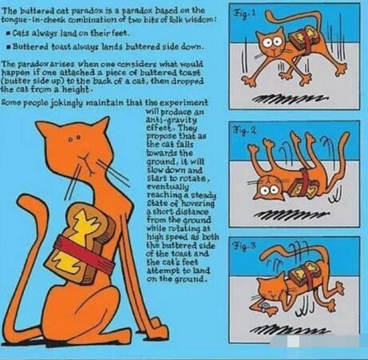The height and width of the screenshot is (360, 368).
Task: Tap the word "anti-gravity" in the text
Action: [x=171, y=120]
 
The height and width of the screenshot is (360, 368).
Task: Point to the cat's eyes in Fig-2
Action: [x=271, y=192]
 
